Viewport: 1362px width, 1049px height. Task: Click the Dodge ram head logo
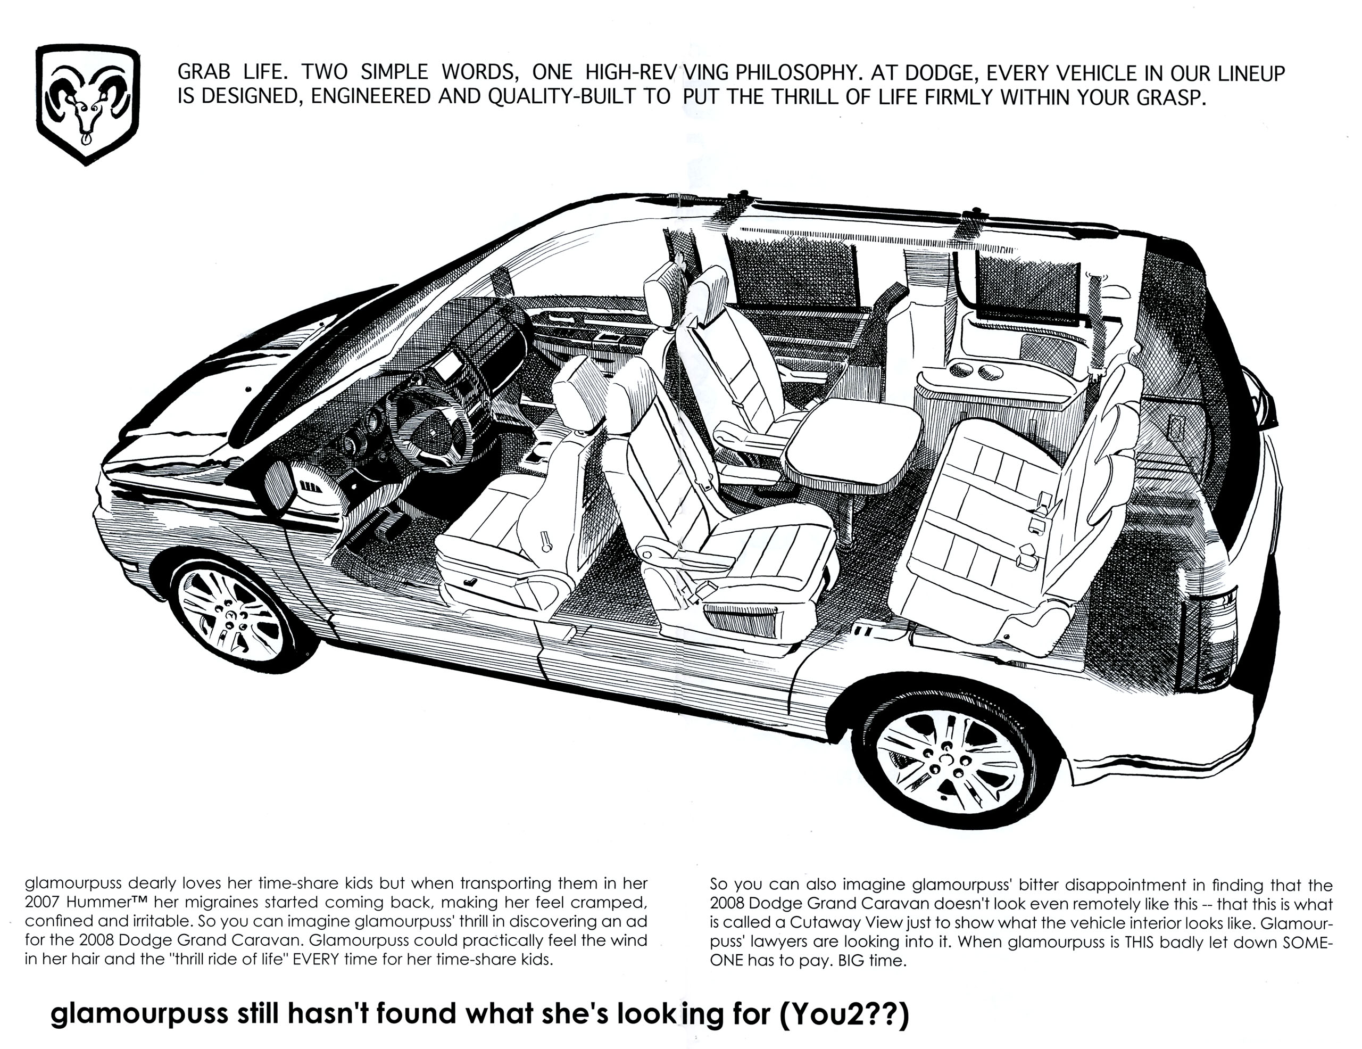click(x=87, y=104)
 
